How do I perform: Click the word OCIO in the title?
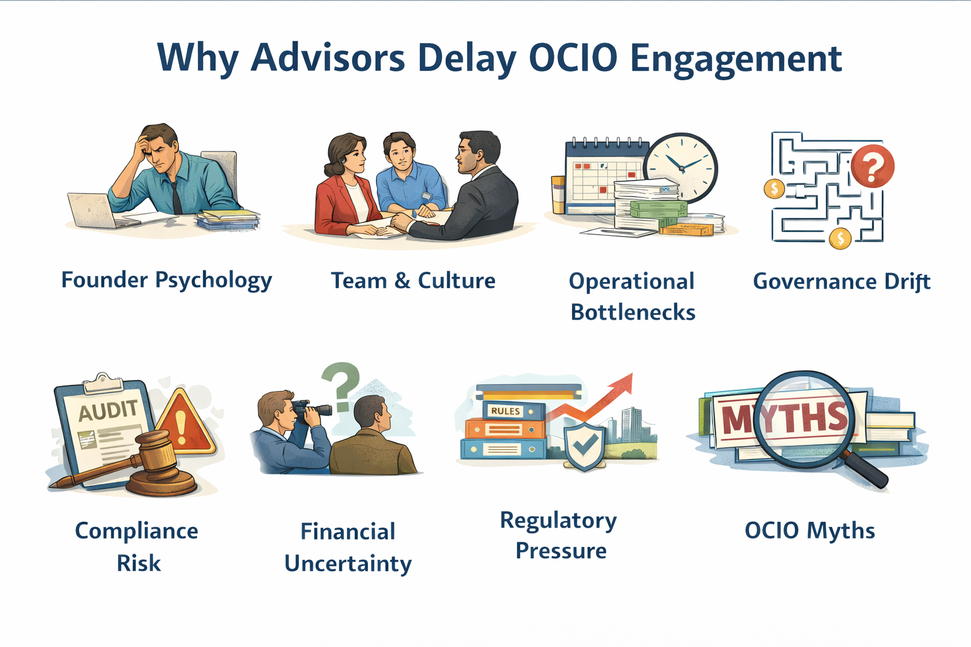tap(572, 58)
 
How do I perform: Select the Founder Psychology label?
tap(166, 280)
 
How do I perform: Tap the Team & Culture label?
tap(413, 281)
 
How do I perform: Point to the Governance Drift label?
tap(841, 281)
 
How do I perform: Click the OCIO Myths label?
tap(809, 530)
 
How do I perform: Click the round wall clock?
tap(681, 167)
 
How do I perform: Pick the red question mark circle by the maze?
tap(872, 166)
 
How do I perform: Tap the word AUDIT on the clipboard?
tap(107, 411)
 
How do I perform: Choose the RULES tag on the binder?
tap(505, 411)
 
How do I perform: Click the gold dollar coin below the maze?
tap(840, 238)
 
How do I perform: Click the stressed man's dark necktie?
tap(176, 196)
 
